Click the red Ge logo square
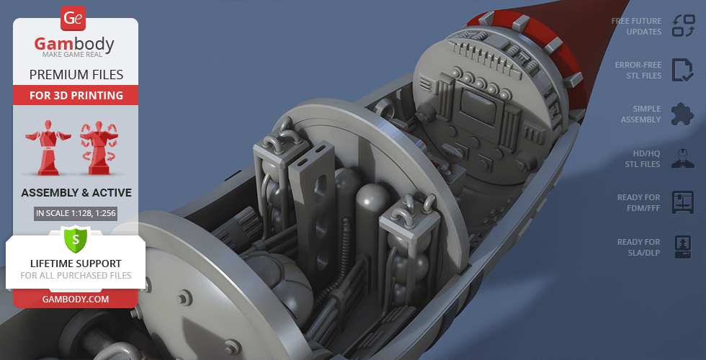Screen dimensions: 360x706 [73, 18]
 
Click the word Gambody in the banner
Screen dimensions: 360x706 [75, 45]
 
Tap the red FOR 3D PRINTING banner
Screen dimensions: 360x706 [76, 95]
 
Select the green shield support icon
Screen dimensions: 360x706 [75, 238]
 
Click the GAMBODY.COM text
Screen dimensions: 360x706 [76, 299]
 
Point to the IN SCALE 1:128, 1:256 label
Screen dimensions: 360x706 [76, 213]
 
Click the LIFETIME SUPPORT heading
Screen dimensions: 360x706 [76, 264]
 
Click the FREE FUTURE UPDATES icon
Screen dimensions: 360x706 [682, 26]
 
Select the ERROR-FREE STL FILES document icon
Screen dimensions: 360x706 [682, 70]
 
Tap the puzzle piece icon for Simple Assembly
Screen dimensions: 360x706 [682, 114]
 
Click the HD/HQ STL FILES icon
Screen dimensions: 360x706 [682, 158]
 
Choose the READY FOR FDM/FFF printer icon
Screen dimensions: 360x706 [682, 202]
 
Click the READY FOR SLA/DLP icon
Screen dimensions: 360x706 [682, 247]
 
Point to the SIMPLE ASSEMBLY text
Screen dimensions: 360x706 [640, 114]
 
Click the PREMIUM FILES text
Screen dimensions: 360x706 [76, 74]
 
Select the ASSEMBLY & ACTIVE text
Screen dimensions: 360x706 [76, 192]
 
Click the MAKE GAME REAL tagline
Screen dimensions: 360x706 [75, 55]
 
